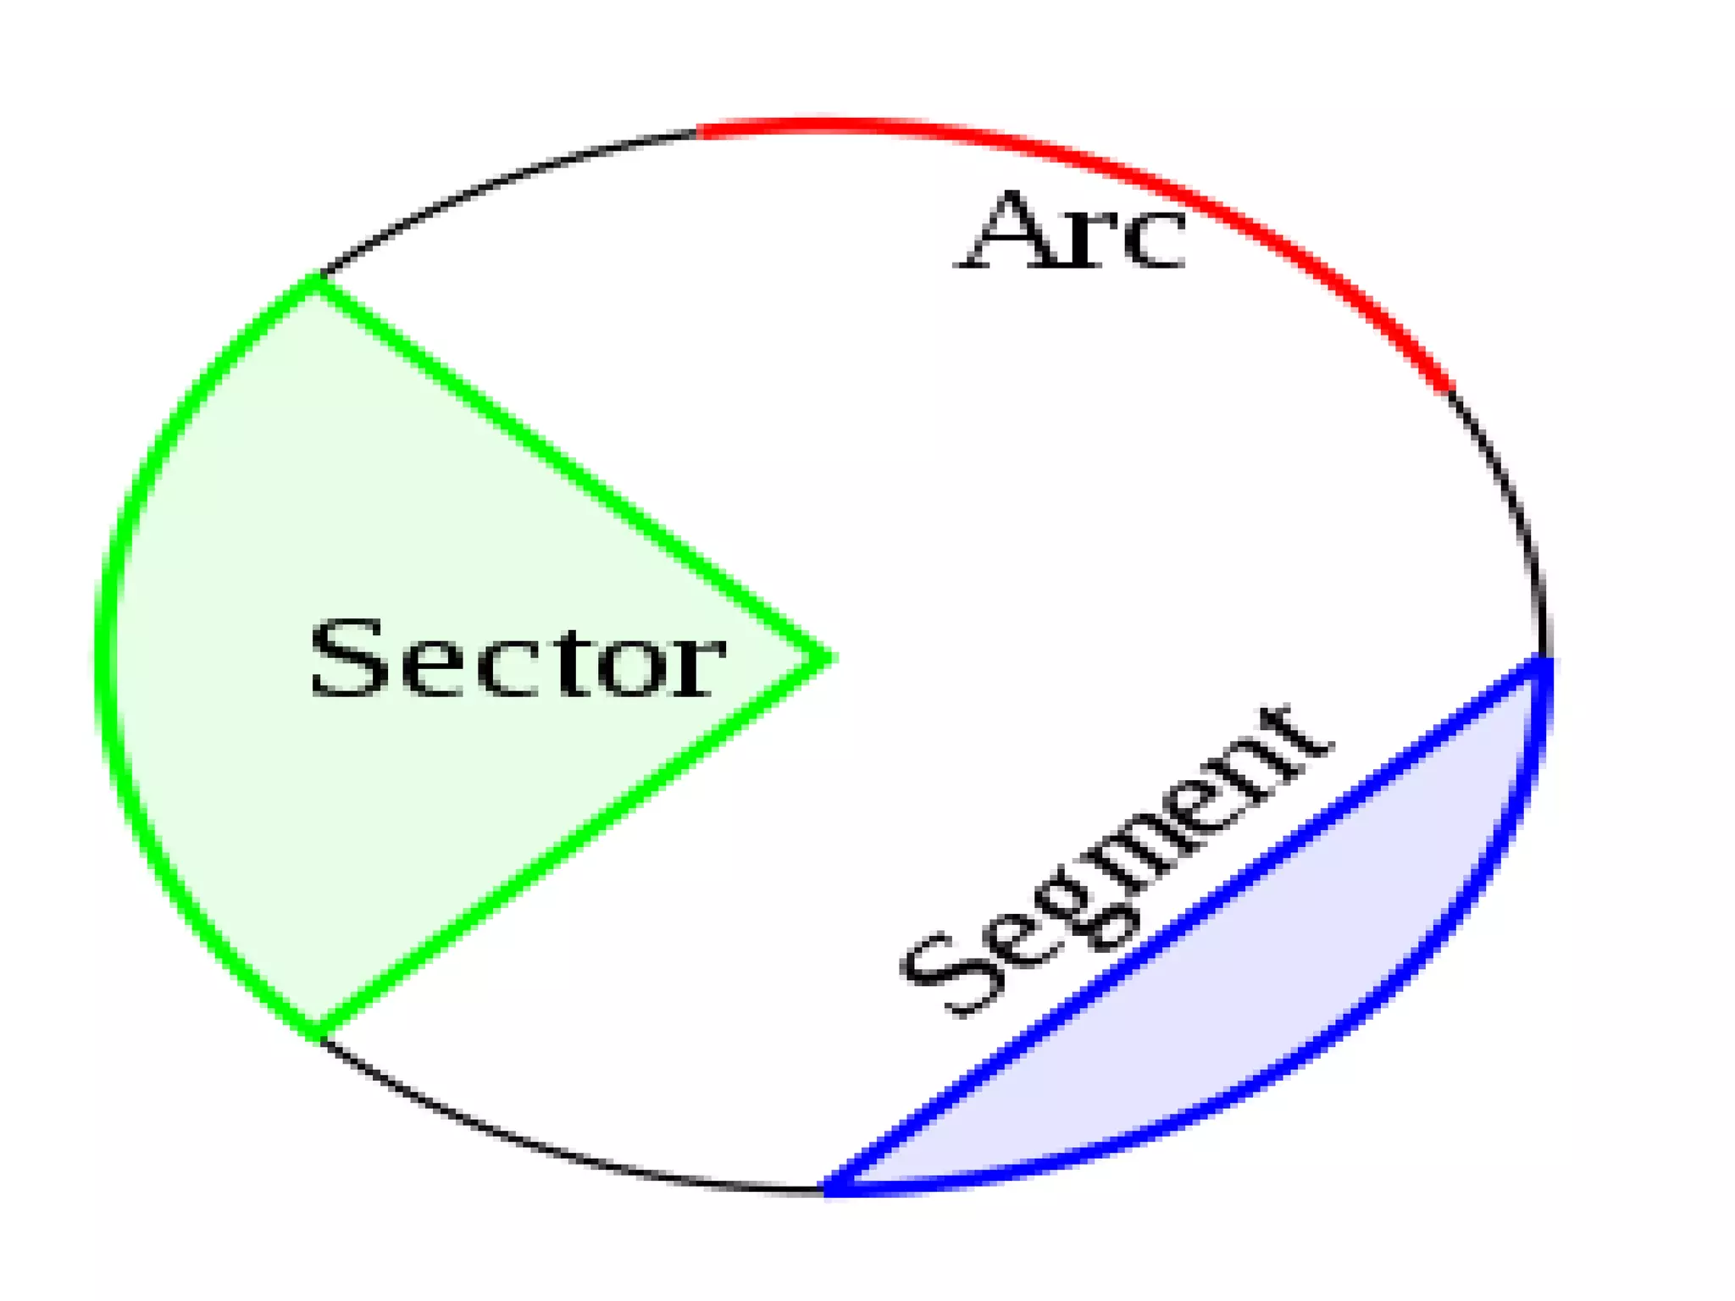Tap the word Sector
pos(517,659)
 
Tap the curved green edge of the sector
pos(107,657)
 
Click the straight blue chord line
pos(1186,923)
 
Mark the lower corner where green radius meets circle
pos(317,1035)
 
